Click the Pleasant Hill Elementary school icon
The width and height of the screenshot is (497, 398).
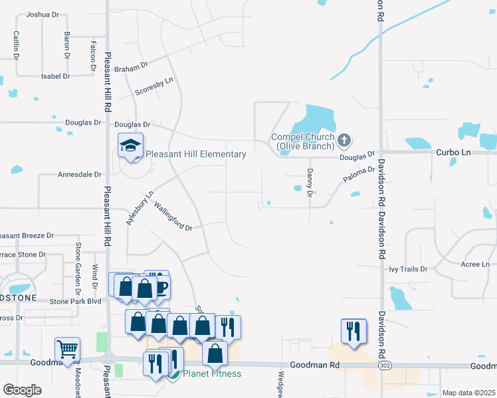click(x=130, y=146)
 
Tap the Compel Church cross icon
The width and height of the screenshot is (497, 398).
click(x=343, y=140)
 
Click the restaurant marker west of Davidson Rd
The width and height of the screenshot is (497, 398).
click(x=352, y=330)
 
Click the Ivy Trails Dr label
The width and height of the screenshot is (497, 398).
click(x=407, y=269)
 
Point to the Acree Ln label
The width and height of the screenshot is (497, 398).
click(x=475, y=264)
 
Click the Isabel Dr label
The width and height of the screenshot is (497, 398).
click(x=55, y=76)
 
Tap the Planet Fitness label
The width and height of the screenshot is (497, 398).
click(x=213, y=373)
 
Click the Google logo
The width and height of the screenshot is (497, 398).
click(x=22, y=389)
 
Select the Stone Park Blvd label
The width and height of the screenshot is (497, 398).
click(x=77, y=300)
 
